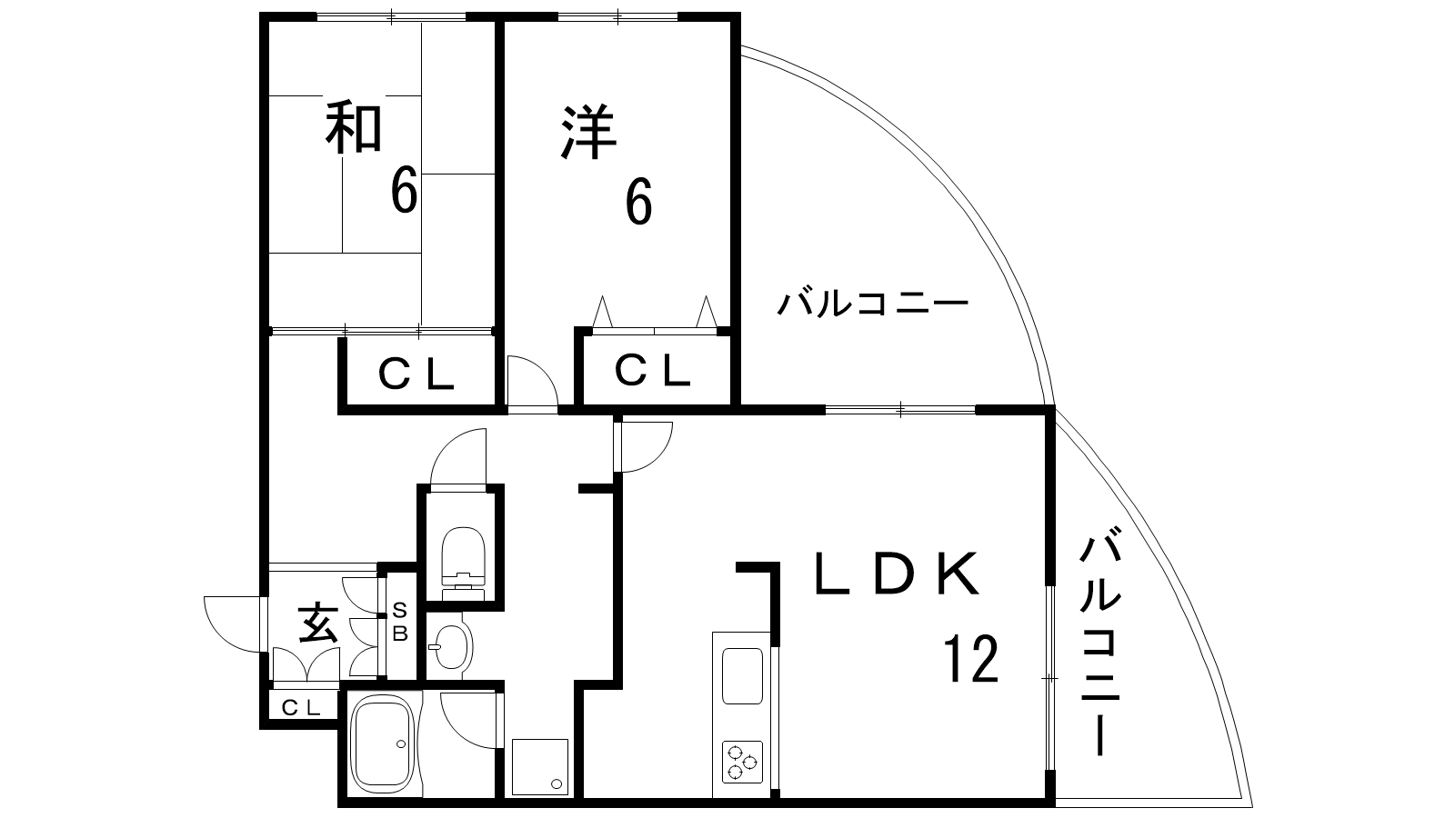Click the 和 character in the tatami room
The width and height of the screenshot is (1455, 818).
pyautogui.click(x=354, y=128)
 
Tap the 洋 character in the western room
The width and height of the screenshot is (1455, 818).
pyautogui.click(x=589, y=134)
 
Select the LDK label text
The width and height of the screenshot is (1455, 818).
pyautogui.click(x=896, y=574)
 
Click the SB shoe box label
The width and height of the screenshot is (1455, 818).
pyautogui.click(x=399, y=623)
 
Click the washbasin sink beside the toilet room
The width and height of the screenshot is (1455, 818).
pyautogui.click(x=449, y=645)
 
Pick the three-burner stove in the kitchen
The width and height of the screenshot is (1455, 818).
pyautogui.click(x=743, y=762)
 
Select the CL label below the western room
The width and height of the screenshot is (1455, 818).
pyautogui.click(x=652, y=371)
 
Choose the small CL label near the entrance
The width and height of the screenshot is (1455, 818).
pyautogui.click(x=300, y=707)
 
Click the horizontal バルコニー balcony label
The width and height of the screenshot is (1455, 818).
pyautogui.click(x=871, y=304)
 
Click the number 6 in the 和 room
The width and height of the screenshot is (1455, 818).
pyautogui.click(x=404, y=191)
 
